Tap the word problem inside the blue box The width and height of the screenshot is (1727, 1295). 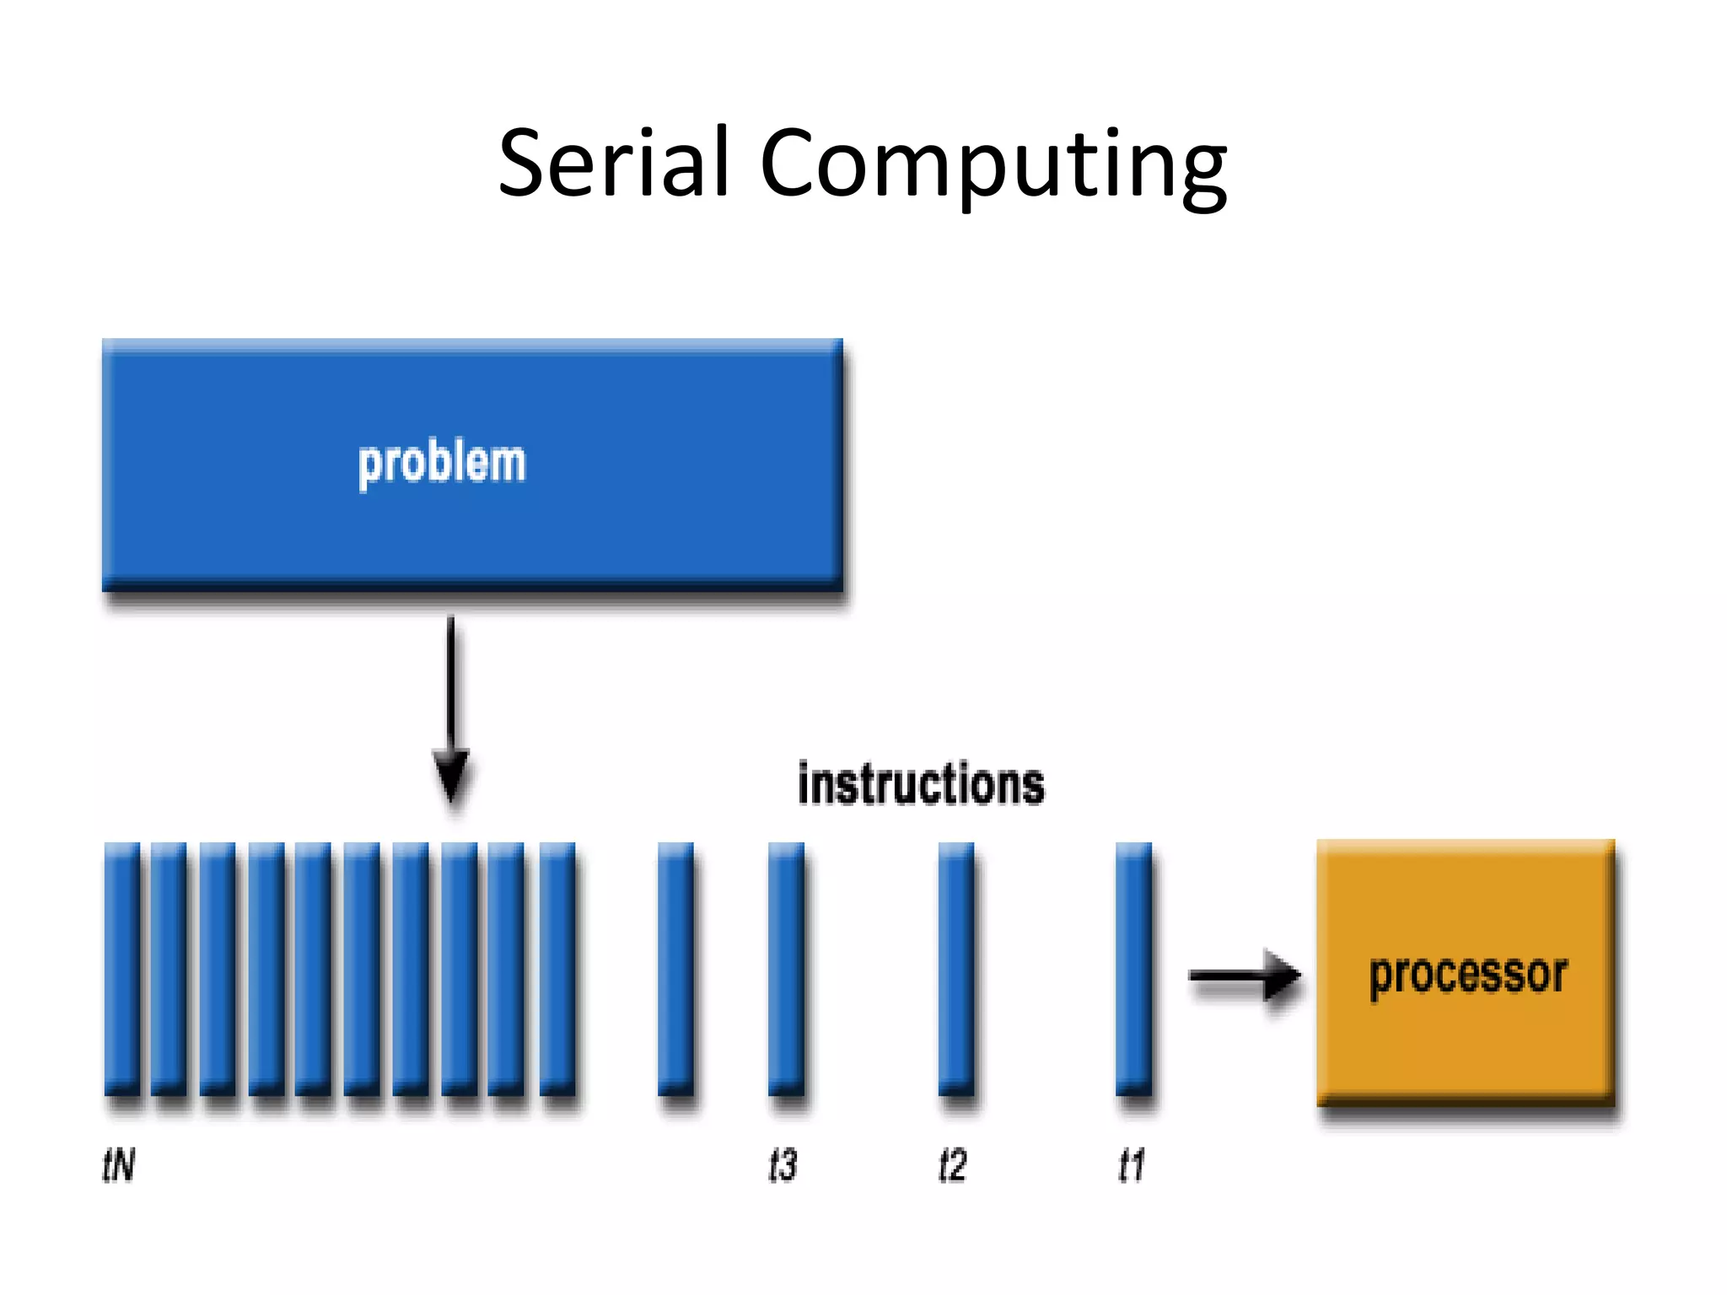pyautogui.click(x=441, y=463)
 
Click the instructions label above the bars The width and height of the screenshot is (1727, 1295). pyautogui.click(x=921, y=784)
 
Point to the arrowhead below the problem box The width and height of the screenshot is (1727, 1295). pyautogui.click(x=452, y=774)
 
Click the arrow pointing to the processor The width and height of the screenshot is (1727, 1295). pyautogui.click(x=1244, y=976)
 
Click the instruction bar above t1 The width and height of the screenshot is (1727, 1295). pyautogui.click(x=1133, y=970)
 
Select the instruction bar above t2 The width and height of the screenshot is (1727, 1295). pyautogui.click(x=955, y=970)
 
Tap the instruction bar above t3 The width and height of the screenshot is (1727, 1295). pyautogui.click(x=786, y=970)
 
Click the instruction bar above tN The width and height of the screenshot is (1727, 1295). pyautogui.click(x=122, y=970)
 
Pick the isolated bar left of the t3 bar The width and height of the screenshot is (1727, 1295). pyautogui.click(x=675, y=970)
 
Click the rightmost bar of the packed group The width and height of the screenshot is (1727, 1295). pyautogui.click(x=557, y=970)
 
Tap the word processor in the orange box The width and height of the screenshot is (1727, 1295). pyautogui.click(x=1467, y=976)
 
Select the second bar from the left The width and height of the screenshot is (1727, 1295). pyautogui.click(x=169, y=970)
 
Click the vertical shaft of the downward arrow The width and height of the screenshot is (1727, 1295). pyautogui.click(x=451, y=683)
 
